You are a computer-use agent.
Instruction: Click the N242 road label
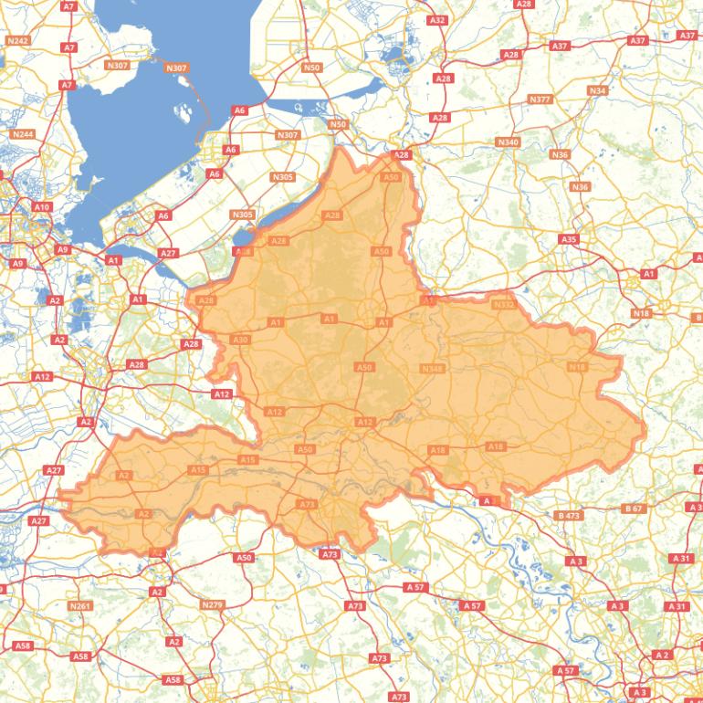(x=17, y=40)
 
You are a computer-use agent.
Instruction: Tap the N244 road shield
(x=23, y=134)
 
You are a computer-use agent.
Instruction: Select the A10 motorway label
(x=42, y=207)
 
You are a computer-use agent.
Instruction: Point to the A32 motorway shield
(x=437, y=20)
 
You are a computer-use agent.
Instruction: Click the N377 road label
(x=540, y=99)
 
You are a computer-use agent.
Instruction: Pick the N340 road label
(x=508, y=142)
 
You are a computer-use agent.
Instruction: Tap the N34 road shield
(x=597, y=90)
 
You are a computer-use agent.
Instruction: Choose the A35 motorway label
(x=569, y=239)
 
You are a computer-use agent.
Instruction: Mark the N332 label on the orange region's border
(x=504, y=305)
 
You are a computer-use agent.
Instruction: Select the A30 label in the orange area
(x=240, y=340)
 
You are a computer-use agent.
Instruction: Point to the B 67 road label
(x=634, y=508)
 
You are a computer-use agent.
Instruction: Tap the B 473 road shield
(x=569, y=516)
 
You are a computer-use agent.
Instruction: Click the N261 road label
(x=80, y=605)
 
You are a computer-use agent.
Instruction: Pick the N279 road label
(x=212, y=604)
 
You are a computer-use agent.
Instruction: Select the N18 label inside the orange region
(x=577, y=367)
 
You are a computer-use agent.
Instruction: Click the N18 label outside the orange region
(x=641, y=313)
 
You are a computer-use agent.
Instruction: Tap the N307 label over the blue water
(x=176, y=68)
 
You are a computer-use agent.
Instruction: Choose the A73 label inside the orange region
(x=307, y=504)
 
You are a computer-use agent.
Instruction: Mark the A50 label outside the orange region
(x=243, y=557)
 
